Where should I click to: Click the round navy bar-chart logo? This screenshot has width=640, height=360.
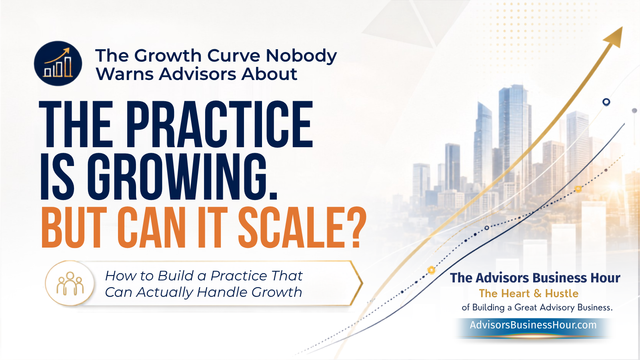click(58, 64)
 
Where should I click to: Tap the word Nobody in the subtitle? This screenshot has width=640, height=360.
click(301, 56)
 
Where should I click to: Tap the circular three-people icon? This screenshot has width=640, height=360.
click(70, 283)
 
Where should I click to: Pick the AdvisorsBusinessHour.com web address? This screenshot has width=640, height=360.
click(533, 325)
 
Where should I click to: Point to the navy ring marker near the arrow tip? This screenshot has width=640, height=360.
click(606, 102)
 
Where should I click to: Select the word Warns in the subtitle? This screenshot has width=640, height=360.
click(125, 74)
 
